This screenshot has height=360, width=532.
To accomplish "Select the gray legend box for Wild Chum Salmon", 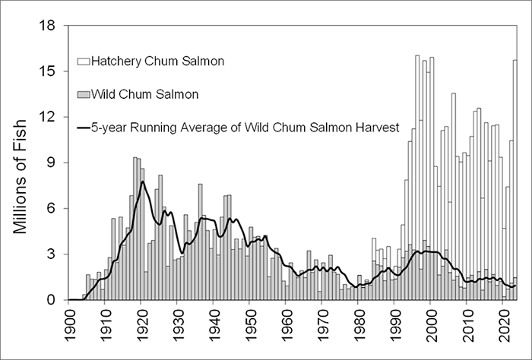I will (82, 95).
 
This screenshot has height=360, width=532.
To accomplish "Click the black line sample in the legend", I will (82, 128).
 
